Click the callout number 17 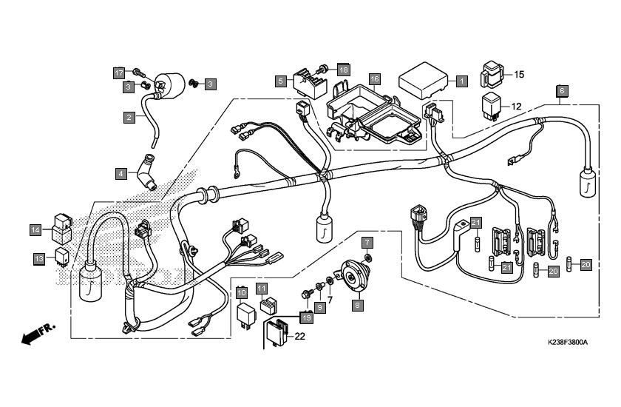pos(119,73)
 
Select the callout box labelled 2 pos(129,117)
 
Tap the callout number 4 pos(120,174)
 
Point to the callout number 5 pos(280,80)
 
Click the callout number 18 pos(343,70)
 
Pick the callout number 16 pos(375,78)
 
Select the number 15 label pos(518,75)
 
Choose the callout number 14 pos(35,229)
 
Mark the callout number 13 pos(39,258)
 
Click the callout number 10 pos(242,293)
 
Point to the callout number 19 pos(305,317)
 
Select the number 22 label pos(299,337)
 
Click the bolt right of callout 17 pos(139,72)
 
